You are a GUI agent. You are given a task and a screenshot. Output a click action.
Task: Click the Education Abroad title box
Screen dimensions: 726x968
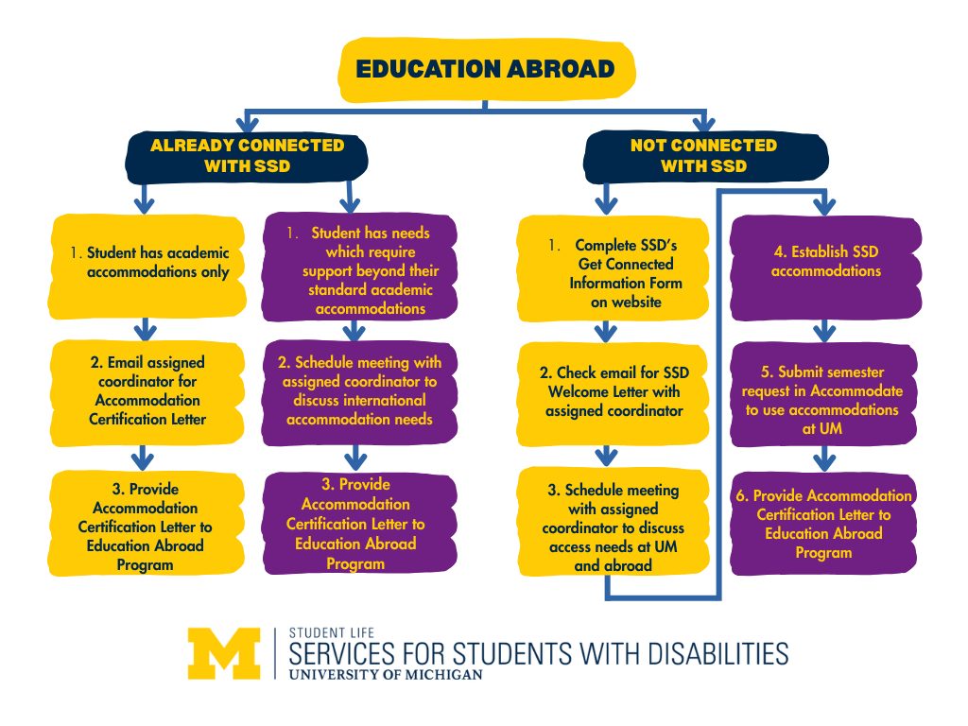[485, 69]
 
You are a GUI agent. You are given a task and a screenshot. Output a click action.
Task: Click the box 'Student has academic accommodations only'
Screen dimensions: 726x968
[143, 264]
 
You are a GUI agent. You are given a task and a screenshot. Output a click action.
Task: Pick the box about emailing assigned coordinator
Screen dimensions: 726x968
[143, 390]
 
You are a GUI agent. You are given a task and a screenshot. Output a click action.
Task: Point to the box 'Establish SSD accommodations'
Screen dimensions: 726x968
[824, 262]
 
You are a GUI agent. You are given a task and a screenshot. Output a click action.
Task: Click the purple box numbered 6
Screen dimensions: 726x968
[824, 523]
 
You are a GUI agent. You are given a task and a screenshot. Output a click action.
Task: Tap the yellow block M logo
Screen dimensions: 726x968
[223, 652]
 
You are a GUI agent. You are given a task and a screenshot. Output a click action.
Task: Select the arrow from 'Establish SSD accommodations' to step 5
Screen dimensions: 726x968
[824, 329]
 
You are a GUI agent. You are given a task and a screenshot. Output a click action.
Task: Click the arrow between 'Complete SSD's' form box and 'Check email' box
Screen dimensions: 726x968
[606, 329]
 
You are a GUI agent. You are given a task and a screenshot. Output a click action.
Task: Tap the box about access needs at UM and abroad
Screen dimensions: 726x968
[613, 527]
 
